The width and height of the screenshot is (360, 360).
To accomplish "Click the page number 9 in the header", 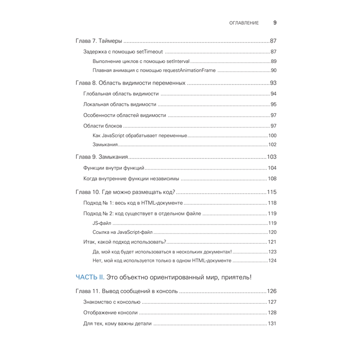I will point(275,23).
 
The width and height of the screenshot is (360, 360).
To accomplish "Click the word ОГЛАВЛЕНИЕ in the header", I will point(244,23).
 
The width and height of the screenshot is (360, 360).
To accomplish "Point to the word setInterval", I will point(178,61).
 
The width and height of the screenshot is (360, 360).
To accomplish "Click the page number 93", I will point(273,83).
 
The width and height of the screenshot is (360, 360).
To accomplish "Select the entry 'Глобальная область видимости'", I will point(121,94).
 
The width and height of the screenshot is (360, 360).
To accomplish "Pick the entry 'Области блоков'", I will point(103,126).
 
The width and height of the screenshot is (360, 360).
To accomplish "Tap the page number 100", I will point(272,136).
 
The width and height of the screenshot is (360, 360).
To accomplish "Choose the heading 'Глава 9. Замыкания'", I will point(102,157).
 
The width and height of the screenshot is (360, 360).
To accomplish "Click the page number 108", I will point(272,179).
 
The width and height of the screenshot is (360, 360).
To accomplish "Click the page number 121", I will point(272,242).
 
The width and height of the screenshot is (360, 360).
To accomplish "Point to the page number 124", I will point(272,261).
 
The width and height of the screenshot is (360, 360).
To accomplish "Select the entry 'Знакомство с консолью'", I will point(112,302).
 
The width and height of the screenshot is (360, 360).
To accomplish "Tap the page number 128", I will point(272,313).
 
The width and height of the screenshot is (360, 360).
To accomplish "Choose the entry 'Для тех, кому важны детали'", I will point(117,324).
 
